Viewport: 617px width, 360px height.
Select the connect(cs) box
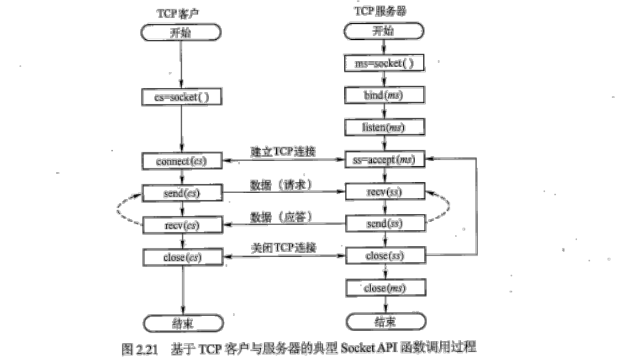click(x=181, y=161)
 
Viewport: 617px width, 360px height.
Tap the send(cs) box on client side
click(x=181, y=192)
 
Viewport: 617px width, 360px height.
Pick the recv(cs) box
click(x=181, y=225)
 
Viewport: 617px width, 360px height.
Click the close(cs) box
click(x=181, y=257)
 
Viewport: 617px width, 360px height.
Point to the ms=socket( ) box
click(x=385, y=62)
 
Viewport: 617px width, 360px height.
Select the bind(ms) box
click(x=385, y=94)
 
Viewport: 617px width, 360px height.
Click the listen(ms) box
click(x=385, y=127)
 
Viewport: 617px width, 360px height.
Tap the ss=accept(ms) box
click(x=386, y=160)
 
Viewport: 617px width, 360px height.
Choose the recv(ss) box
click(x=386, y=192)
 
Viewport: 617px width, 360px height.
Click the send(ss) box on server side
click(x=386, y=225)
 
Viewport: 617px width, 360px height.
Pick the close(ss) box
click(x=386, y=257)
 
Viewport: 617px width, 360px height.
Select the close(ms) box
click(x=386, y=289)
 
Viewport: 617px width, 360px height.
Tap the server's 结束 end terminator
click(x=386, y=321)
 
